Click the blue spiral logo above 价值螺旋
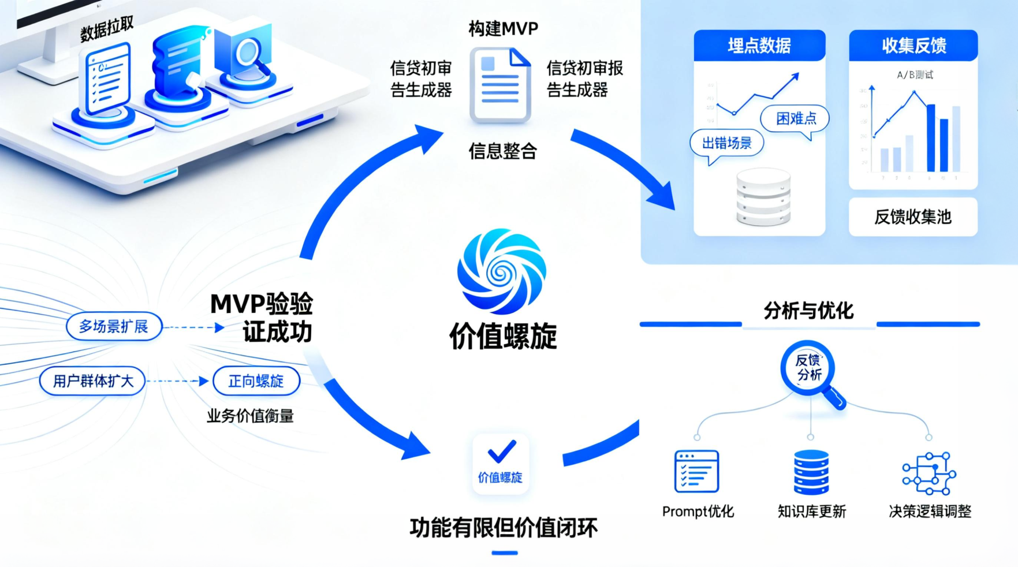tap(501, 271)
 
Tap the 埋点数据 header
tap(759, 46)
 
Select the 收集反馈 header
tap(913, 46)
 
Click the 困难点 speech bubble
tap(795, 119)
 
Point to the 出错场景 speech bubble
tap(726, 143)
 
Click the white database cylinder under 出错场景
tap(763, 197)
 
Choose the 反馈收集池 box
tap(912, 217)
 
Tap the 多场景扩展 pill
tap(114, 327)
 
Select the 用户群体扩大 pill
tap(92, 381)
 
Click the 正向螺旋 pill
tap(256, 381)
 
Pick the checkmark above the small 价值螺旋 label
tap(501, 452)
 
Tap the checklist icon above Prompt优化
tap(696, 471)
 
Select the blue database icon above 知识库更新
tap(811, 472)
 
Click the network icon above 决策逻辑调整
tap(929, 473)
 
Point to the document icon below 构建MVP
tap(500, 85)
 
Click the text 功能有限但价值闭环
tap(504, 528)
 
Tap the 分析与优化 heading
tap(808, 311)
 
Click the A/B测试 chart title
tap(915, 75)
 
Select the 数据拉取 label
tap(107, 29)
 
